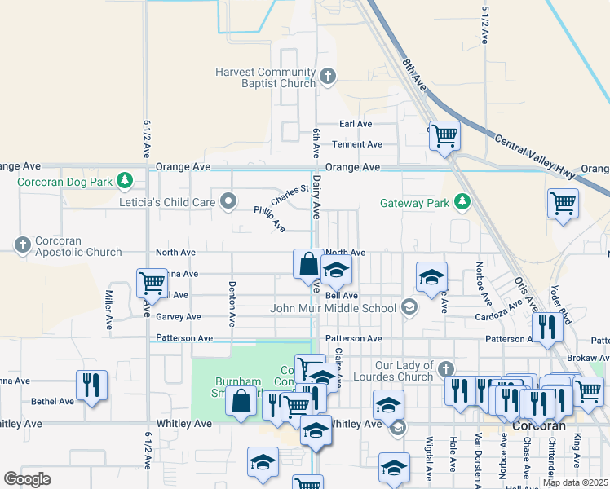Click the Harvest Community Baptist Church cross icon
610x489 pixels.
coord(328,77)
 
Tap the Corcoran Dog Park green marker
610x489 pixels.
coord(125,180)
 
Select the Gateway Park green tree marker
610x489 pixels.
coord(462,201)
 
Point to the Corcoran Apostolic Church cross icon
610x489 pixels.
coord(22,243)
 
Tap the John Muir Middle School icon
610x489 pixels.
coord(409,308)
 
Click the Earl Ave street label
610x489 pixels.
coord(356,124)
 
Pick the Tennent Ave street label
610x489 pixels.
coord(356,144)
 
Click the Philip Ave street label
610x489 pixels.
coord(269,218)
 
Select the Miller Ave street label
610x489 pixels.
coord(108,311)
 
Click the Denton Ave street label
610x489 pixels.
coord(232,311)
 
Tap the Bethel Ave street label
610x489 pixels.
coord(52,402)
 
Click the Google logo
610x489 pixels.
coord(28,478)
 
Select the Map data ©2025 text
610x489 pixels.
coord(574,482)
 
